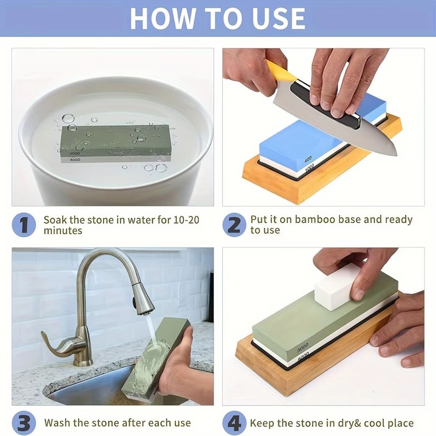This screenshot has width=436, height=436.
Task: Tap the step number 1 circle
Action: tap(24, 225)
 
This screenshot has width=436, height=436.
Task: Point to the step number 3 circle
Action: tap(24, 423)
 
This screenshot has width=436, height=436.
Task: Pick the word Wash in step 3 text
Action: tap(57, 423)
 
